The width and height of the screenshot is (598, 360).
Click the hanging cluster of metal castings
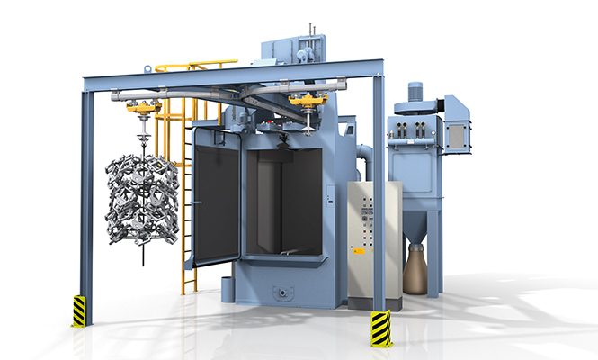click(142, 201)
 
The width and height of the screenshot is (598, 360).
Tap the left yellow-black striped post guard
click(79, 310)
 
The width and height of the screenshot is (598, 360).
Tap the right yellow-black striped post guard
click(381, 328)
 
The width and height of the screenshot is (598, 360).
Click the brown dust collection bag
click(415, 270)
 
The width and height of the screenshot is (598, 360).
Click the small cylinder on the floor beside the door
click(226, 289)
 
